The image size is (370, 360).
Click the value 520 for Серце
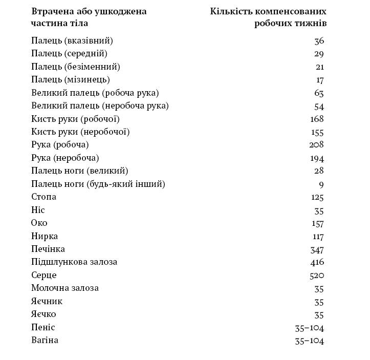click(317, 275)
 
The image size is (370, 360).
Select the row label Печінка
click(48, 249)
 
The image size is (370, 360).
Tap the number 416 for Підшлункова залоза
click(317, 262)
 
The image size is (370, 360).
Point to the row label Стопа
click(43, 197)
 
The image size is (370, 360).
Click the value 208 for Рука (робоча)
click(317, 145)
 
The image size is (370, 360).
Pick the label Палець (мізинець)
click(70, 79)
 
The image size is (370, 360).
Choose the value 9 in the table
click(321, 184)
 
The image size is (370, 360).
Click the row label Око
click(39, 223)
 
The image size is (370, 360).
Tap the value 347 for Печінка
click(317, 249)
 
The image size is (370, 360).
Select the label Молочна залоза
click(65, 288)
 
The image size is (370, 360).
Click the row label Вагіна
click(45, 340)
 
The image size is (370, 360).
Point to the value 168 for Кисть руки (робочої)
click(317, 119)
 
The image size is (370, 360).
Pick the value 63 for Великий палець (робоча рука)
click(319, 93)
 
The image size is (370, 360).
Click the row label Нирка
click(45, 236)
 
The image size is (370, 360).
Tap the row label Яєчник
click(47, 301)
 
